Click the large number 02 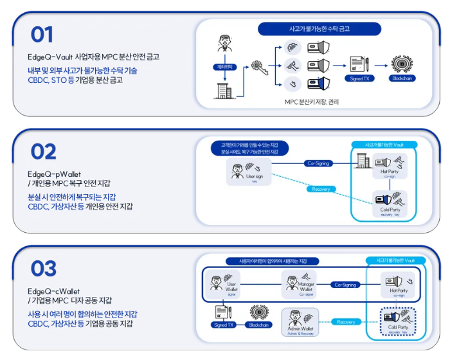click(x=43, y=152)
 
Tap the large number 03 click(x=43, y=269)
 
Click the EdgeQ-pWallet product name click(x=54, y=174)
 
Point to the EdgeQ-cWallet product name click(x=54, y=291)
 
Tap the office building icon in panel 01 click(x=223, y=91)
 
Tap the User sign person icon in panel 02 click(x=238, y=171)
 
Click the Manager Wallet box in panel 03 click(x=299, y=283)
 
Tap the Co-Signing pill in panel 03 click(x=345, y=284)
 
